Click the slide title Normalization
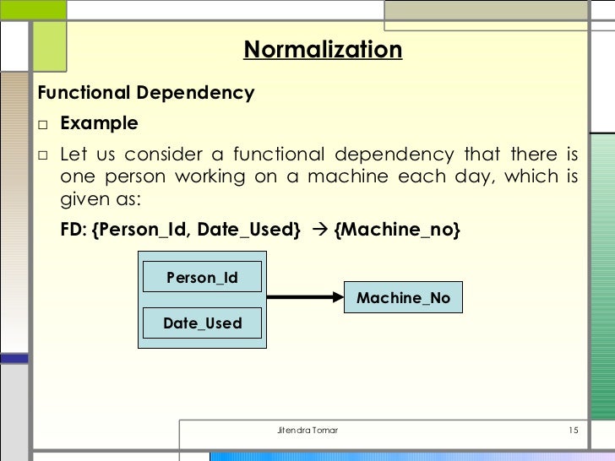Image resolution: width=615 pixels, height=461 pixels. pos(323,50)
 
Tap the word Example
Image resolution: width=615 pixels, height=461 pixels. pos(99,124)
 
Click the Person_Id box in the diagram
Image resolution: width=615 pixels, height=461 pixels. pos(202,277)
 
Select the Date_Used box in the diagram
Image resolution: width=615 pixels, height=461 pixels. pos(202,323)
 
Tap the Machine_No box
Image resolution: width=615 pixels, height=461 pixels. pos(403,298)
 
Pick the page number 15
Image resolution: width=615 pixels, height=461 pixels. pos(573,431)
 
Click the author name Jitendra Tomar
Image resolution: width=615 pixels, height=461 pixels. pos(307,431)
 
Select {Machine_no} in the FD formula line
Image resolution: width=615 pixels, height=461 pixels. pos(397,230)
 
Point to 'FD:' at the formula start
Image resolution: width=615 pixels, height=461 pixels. pos(73,230)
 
